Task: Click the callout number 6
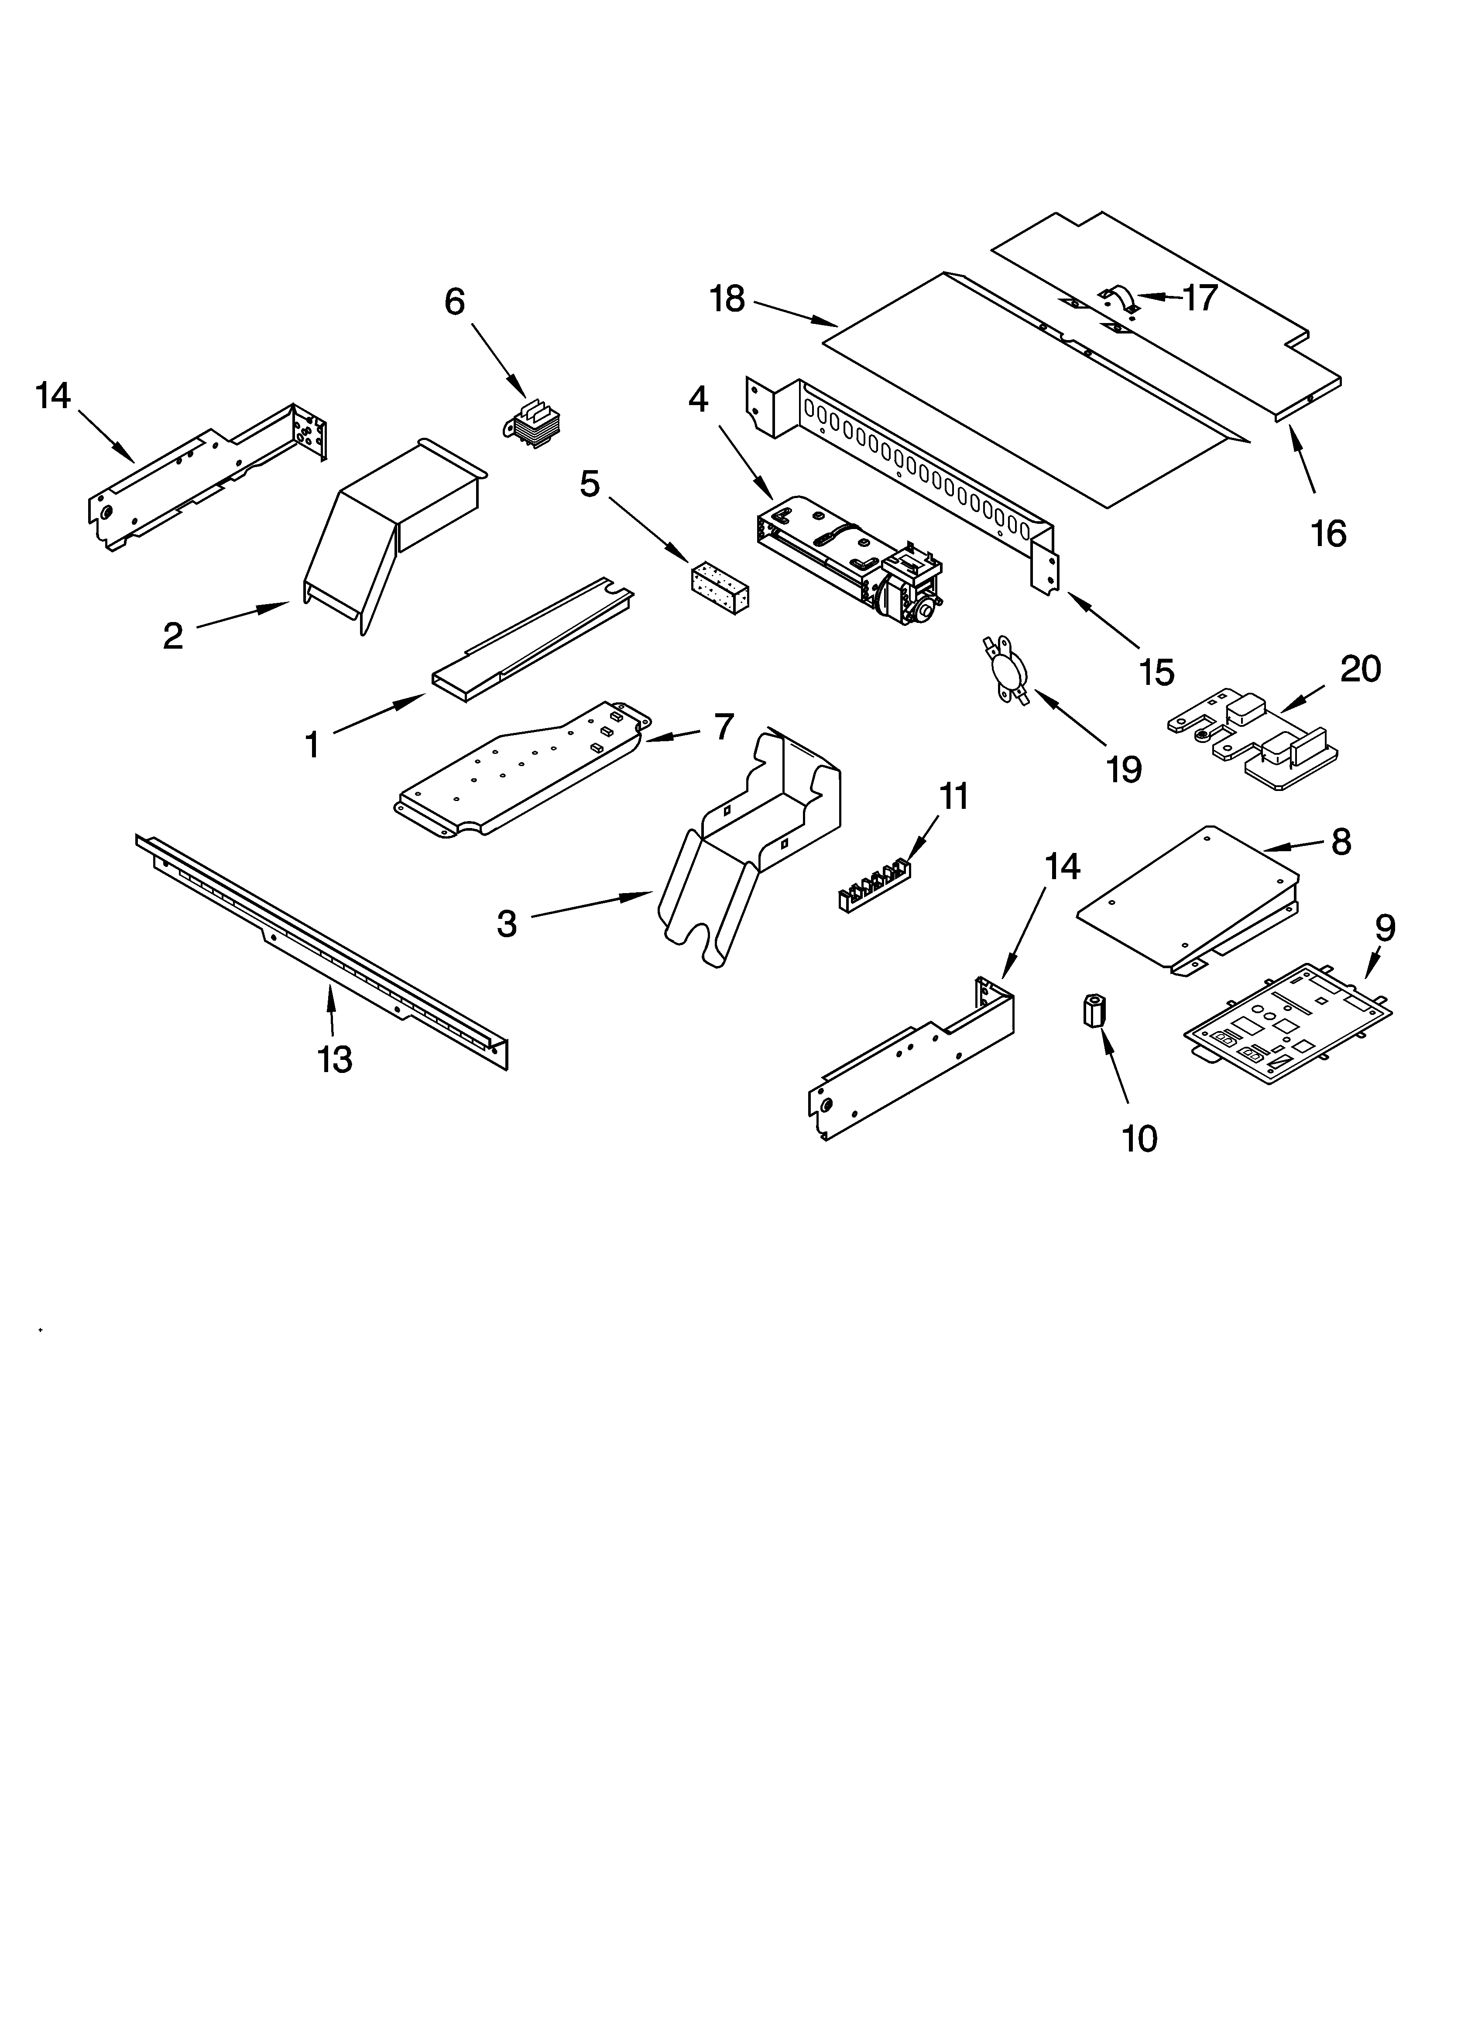[455, 303]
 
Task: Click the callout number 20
[1361, 668]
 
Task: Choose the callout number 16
[1328, 534]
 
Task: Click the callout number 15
[1157, 673]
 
